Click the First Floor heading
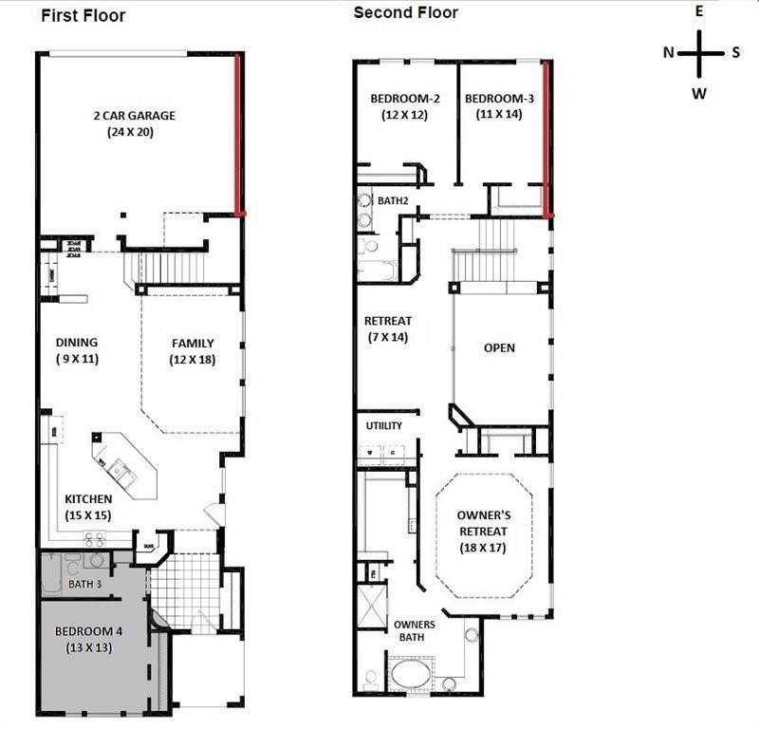83,16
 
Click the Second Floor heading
405,12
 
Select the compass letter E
698,11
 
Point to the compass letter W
698,93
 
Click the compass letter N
669,52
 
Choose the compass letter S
735,52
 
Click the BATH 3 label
85,584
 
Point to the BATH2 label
393,201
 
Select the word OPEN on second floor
499,347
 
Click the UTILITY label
384,426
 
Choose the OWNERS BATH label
415,630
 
